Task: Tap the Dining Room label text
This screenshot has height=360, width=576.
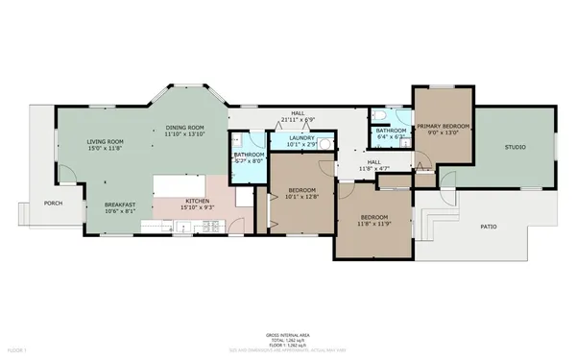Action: click(x=184, y=128)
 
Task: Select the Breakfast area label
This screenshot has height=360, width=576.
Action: click(x=120, y=204)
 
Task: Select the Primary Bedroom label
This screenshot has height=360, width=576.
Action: click(x=443, y=126)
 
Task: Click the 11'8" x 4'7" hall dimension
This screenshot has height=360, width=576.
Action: click(x=374, y=169)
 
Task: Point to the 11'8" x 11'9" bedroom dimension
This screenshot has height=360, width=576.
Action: click(x=373, y=224)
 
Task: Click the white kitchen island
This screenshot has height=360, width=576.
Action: click(x=191, y=182)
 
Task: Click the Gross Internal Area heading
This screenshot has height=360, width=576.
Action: click(x=287, y=333)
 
